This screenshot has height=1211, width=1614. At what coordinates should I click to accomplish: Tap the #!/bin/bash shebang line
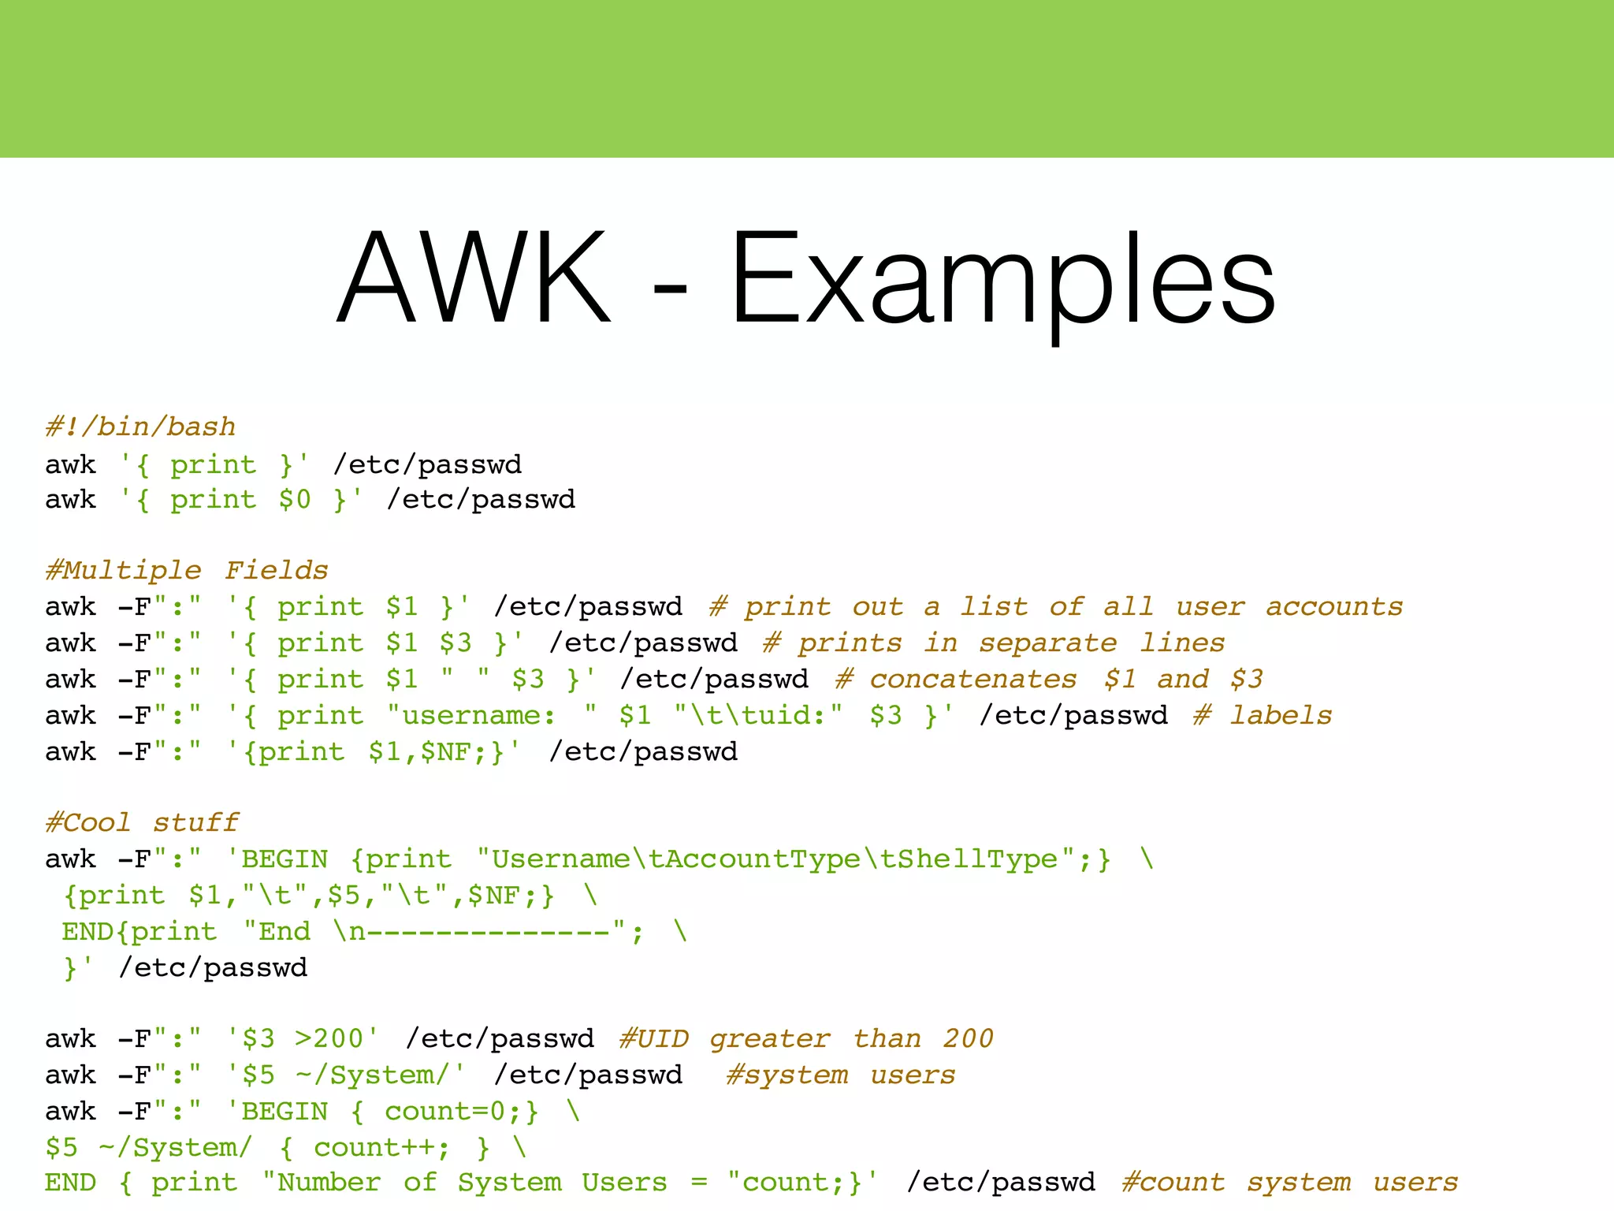point(140,427)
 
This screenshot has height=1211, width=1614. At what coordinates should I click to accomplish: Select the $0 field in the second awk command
point(295,500)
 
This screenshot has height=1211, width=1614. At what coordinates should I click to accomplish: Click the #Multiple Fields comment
point(187,570)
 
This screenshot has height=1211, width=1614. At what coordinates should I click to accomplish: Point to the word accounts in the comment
point(1334,606)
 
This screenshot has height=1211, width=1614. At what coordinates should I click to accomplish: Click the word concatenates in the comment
point(972,679)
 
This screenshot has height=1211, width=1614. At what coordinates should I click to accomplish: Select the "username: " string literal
point(491,715)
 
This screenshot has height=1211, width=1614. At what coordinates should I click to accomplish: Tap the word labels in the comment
point(1281,715)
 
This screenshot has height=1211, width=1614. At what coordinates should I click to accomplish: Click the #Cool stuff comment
point(142,822)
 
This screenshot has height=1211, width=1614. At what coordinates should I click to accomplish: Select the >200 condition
point(329,1038)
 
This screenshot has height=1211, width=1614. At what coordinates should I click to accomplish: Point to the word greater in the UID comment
point(770,1038)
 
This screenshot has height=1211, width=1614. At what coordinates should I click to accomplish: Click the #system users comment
point(840,1075)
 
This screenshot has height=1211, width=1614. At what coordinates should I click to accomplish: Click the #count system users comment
point(1289,1183)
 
